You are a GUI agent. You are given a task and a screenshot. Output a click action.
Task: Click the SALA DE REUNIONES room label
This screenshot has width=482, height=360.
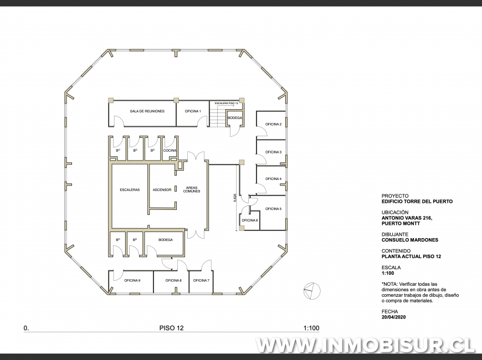click(x=147, y=111)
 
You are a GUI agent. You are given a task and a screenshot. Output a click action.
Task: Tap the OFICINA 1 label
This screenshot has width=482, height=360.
click(x=192, y=111)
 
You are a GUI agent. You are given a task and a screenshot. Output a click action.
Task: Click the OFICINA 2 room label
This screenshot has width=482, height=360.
click(x=273, y=124)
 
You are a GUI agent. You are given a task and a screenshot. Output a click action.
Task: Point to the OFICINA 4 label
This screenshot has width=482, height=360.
click(x=273, y=179)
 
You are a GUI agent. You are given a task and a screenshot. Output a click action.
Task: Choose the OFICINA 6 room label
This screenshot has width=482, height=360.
click(x=249, y=220)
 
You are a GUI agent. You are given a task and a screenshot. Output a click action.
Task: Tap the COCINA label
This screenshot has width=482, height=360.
click(x=170, y=151)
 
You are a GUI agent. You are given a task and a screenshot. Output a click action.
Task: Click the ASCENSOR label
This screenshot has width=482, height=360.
click(x=162, y=190)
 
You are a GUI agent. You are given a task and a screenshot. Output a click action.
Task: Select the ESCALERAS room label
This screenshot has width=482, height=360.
click(x=129, y=190)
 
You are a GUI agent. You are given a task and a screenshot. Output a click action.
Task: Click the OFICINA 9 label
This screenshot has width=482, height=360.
click(x=132, y=280)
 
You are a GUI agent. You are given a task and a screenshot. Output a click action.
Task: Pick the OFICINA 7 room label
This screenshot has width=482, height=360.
click(x=201, y=280)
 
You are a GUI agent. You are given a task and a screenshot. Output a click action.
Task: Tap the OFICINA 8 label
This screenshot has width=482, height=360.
click(x=173, y=280)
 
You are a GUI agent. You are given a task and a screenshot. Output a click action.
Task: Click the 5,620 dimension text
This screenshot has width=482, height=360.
click(x=235, y=198)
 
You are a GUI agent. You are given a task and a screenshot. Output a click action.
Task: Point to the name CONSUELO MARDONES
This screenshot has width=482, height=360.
click(x=409, y=240)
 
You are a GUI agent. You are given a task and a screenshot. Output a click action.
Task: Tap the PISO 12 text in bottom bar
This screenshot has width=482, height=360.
click(x=171, y=328)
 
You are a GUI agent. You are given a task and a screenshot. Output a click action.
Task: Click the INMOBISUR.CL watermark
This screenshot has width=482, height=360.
click(x=366, y=344)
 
